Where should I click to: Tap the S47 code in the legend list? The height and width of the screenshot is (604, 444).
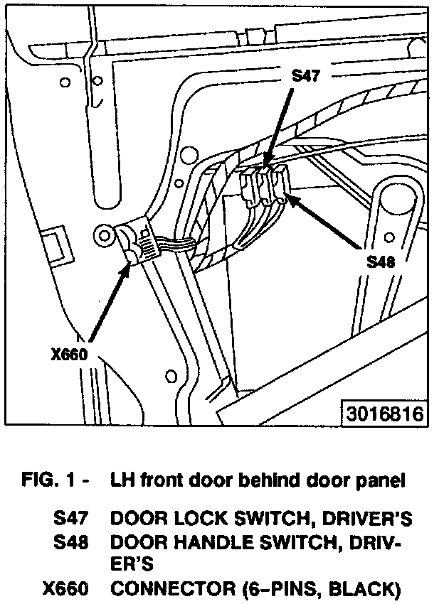[70, 519]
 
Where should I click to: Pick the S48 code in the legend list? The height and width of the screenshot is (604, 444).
[70, 543]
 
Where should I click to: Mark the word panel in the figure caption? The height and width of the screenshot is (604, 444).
[381, 480]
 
